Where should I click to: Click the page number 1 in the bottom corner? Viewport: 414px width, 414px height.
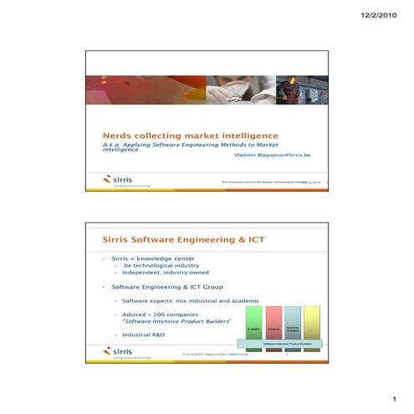tap(391, 399)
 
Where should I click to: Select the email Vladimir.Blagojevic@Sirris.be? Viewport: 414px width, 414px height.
tap(272, 156)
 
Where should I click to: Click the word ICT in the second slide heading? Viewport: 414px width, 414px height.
tap(254, 239)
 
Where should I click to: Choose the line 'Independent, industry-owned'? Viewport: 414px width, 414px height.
tap(165, 273)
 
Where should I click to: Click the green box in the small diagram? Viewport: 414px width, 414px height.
tap(253, 328)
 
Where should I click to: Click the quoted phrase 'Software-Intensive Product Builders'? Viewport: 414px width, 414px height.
tap(176, 320)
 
